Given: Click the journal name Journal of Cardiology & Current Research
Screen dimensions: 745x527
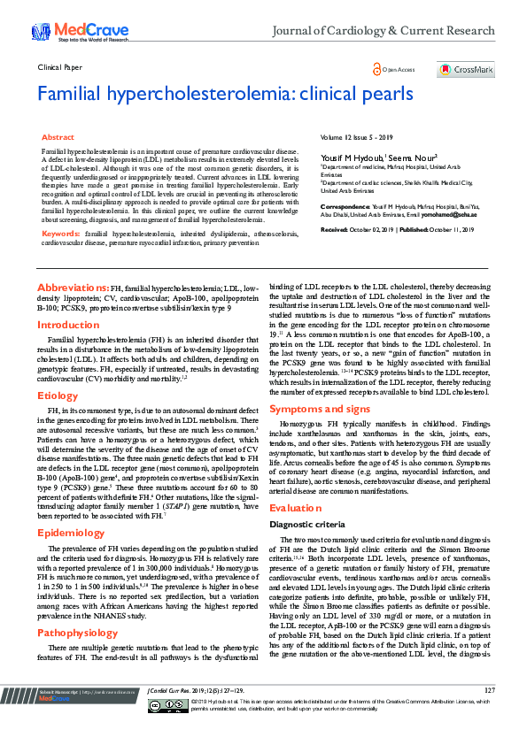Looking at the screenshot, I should pyautogui.click(x=384, y=31).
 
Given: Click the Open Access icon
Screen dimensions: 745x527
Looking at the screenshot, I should pyautogui.click(x=379, y=69).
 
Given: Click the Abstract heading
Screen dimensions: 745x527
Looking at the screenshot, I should pyautogui.click(x=58, y=138).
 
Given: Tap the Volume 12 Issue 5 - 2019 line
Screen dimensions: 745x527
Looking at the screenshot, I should pyautogui.click(x=355, y=138).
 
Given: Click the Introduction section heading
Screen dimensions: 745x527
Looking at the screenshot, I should pyautogui.click(x=67, y=326).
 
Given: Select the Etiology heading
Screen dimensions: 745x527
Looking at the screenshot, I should pyautogui.click(x=58, y=396).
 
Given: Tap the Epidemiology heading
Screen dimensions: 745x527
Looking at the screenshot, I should pyautogui.click(x=70, y=534).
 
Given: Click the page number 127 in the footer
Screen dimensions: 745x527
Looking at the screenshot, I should pyautogui.click(x=490, y=713).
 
